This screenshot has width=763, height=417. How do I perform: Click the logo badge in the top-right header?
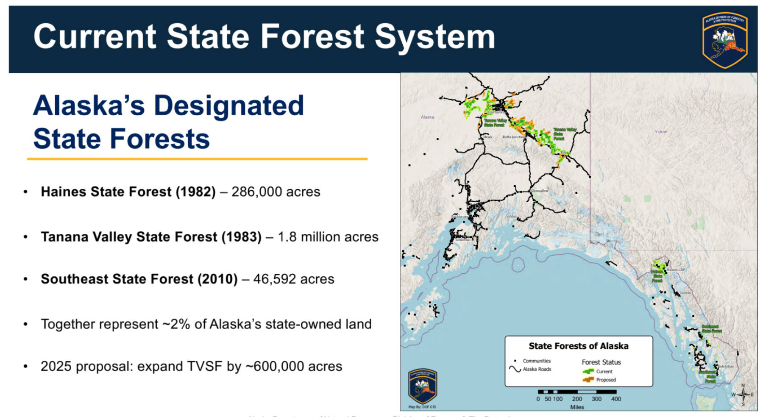[x=724, y=39]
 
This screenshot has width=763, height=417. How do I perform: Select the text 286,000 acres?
[x=276, y=192]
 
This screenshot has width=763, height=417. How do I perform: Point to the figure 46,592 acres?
[x=293, y=279]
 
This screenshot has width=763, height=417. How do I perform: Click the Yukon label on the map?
[x=660, y=132]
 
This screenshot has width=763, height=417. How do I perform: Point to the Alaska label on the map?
[x=427, y=117]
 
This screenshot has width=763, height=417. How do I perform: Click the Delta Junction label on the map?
[x=513, y=137]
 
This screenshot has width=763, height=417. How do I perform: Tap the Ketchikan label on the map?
[x=726, y=366]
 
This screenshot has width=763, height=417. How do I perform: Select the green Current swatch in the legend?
[x=588, y=372]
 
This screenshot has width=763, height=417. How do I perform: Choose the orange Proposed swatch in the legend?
[x=588, y=380]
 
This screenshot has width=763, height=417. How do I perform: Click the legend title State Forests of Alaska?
[x=578, y=346]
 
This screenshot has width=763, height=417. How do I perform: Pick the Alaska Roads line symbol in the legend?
[x=515, y=369]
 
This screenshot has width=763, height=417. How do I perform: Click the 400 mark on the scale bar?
[x=615, y=399]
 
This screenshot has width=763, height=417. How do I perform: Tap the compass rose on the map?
[x=743, y=395]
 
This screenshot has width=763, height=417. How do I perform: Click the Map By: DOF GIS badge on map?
[x=422, y=388]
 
